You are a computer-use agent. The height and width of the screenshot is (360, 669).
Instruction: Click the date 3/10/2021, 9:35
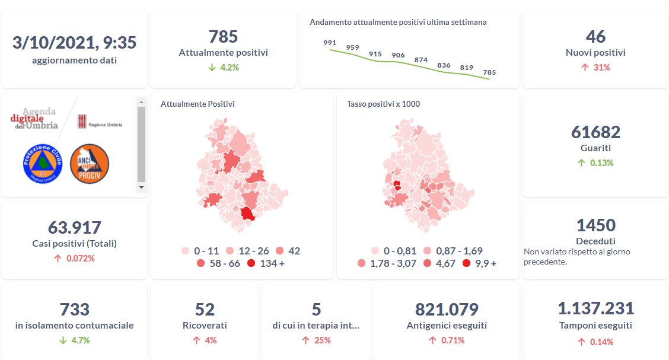(x=75, y=43)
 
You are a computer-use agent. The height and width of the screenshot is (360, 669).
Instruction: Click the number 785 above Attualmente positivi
(x=223, y=37)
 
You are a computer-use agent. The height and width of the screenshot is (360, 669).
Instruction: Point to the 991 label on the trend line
(x=330, y=43)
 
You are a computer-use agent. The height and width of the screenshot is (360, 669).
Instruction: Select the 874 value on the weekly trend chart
(x=421, y=60)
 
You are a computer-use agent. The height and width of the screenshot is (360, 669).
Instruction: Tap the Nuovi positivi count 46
(x=595, y=37)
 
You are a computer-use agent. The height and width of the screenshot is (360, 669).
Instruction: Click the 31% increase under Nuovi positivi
(x=595, y=68)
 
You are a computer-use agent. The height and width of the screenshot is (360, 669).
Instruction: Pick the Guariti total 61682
(x=595, y=132)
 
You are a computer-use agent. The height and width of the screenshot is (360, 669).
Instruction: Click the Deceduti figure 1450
(x=595, y=225)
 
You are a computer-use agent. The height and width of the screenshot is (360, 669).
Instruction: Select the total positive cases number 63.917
(x=75, y=227)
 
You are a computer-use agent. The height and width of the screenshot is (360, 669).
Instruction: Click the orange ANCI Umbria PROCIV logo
(x=90, y=163)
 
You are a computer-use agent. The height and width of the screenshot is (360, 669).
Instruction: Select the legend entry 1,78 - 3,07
(x=389, y=263)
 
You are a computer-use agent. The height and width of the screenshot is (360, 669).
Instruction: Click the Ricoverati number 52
(x=205, y=310)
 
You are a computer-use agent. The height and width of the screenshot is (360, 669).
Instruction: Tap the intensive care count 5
(x=316, y=310)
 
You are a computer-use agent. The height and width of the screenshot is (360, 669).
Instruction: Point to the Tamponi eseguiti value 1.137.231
(x=595, y=308)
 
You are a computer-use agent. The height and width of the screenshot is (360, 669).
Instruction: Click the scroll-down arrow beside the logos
(x=141, y=187)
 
